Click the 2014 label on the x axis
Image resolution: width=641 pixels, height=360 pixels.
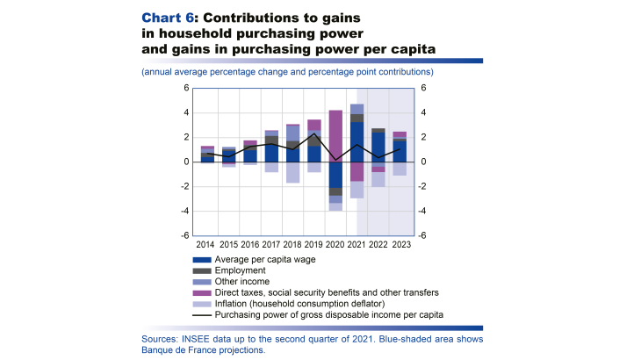coord(205,244)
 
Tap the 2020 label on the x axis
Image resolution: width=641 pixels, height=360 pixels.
coord(335,244)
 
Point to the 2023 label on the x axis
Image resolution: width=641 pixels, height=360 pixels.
coord(400,244)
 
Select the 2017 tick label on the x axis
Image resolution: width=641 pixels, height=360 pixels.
coord(270,244)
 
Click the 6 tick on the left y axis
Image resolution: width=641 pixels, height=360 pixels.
coord(186,88)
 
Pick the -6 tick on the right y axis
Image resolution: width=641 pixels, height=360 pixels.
coord(424,235)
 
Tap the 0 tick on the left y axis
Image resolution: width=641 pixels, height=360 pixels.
coord(186,162)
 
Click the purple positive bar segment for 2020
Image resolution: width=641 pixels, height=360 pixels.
coord(335,135)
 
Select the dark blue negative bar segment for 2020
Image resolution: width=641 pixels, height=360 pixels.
coord(335,174)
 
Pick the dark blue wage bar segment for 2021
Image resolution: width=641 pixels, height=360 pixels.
coord(357,142)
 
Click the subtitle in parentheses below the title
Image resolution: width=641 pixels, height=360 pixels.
coord(286,71)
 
